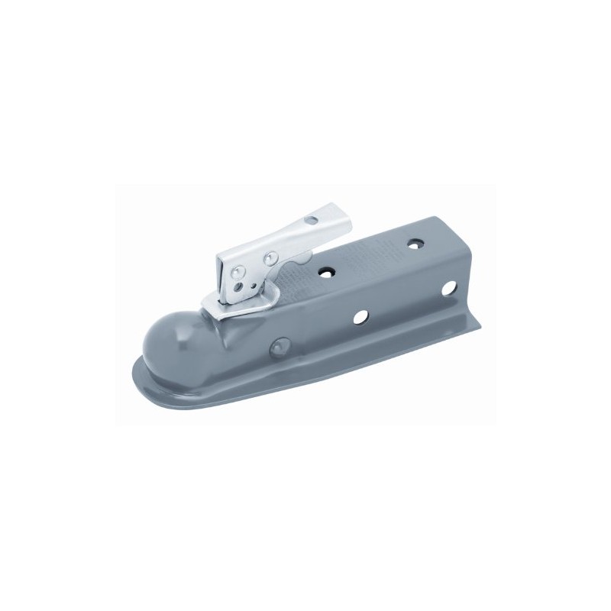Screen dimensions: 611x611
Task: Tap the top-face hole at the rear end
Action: pos(415,244)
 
